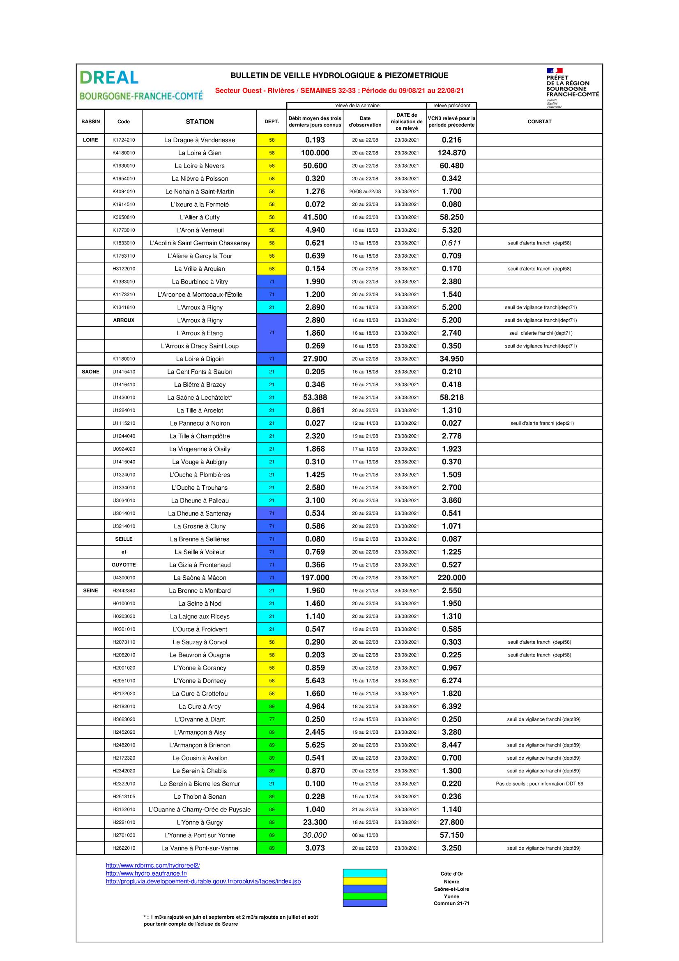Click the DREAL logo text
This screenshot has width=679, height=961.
tap(109, 77)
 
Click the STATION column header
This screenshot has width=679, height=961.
tap(200, 122)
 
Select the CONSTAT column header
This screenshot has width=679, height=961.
tap(539, 122)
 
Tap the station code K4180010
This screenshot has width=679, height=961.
tap(123, 153)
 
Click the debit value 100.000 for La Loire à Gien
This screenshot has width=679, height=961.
tap(315, 153)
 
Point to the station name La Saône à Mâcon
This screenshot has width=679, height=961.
tap(200, 578)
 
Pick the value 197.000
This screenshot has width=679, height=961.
tap(315, 578)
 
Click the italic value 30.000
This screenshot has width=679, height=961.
tap(315, 835)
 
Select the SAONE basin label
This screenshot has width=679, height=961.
tap(90, 372)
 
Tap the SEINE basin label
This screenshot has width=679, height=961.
tap(90, 590)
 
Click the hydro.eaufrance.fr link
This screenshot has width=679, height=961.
tap(146, 873)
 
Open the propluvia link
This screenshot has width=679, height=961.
tap(203, 881)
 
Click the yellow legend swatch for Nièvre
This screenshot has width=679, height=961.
tap(365, 881)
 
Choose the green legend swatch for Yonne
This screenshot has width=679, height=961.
tap(365, 896)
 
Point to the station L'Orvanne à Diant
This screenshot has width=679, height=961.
tap(200, 719)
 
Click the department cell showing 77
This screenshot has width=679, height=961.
tap(272, 719)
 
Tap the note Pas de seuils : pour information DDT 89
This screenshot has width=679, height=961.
tap(539, 784)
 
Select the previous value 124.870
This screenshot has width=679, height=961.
tap(451, 153)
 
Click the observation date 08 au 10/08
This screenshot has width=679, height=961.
tap(365, 835)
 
